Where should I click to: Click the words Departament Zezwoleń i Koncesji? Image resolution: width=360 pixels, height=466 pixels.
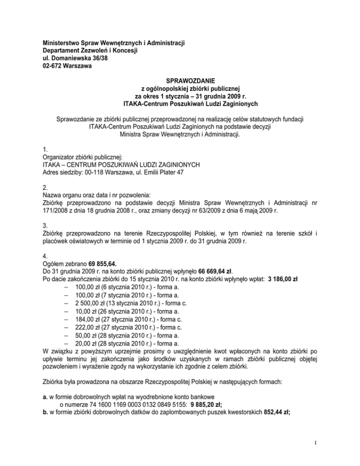click(x=90, y=51)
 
